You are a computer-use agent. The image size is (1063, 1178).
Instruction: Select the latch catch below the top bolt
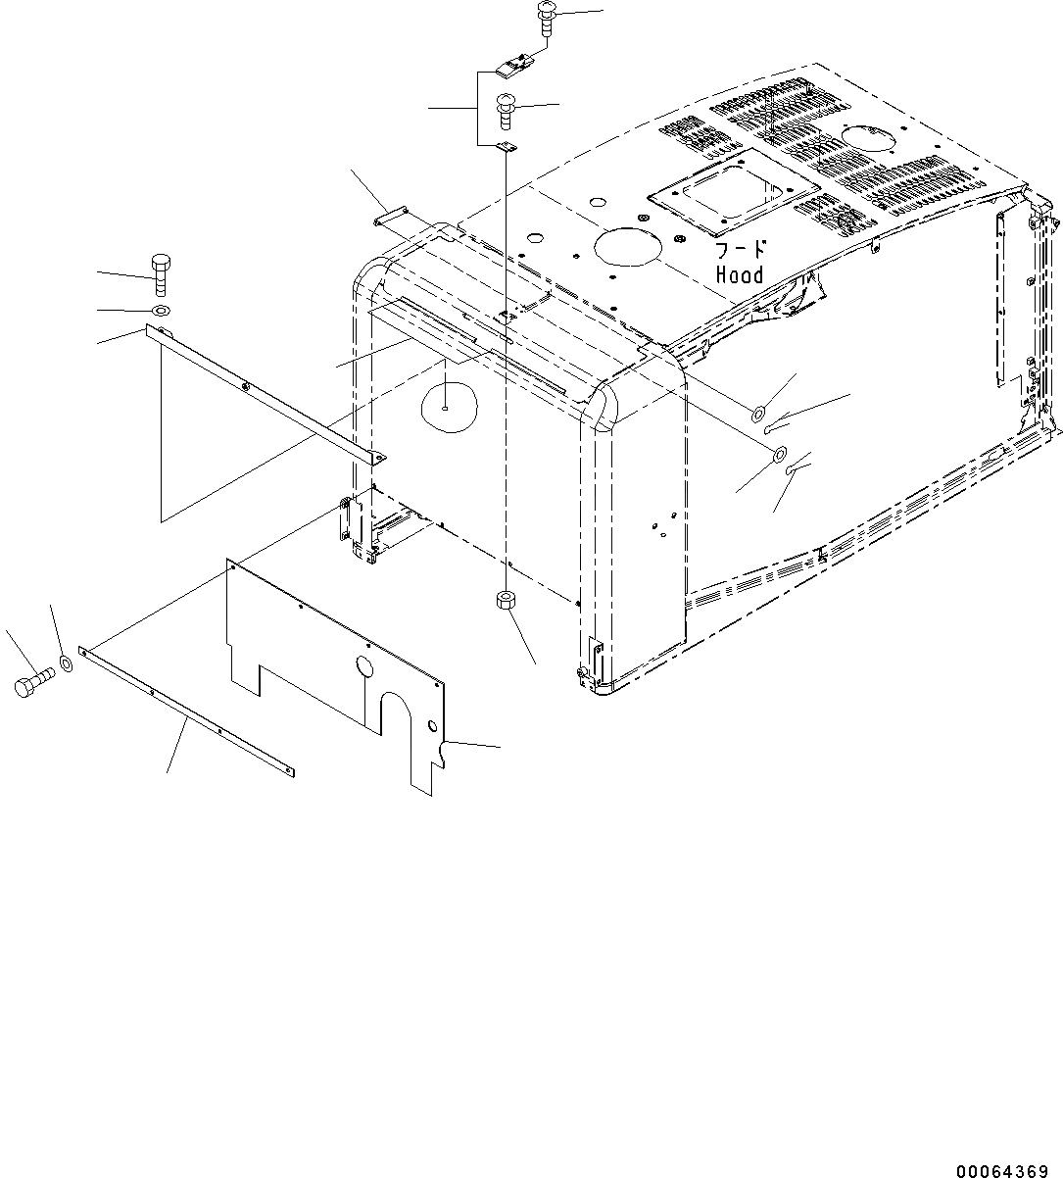tap(512, 68)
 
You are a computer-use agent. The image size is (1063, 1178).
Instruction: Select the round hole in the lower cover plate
tap(364, 668)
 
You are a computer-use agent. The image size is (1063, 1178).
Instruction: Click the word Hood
tap(740, 275)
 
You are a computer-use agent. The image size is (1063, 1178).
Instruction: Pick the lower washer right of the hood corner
tap(780, 454)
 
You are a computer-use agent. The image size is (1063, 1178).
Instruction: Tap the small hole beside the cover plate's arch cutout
tap(432, 725)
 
